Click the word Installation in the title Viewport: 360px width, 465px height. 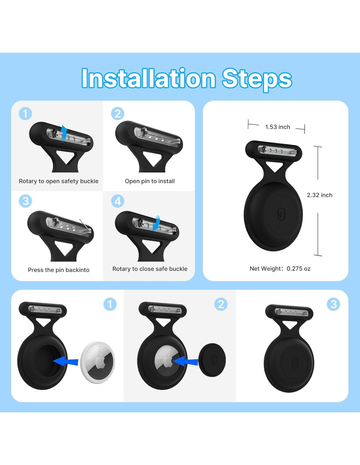point(148,78)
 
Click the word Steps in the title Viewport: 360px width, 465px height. point(257,79)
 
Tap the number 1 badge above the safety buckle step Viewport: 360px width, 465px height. point(25,113)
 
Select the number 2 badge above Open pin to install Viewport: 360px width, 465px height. point(117,113)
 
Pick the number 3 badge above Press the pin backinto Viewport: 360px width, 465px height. point(25,201)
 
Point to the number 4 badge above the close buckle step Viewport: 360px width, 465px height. point(117,201)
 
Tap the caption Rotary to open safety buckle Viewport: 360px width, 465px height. point(59,181)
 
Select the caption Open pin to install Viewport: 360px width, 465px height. point(150,181)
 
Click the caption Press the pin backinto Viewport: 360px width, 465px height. point(59,270)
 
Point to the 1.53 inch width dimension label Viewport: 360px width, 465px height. point(278,127)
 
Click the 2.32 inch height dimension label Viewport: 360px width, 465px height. point(319,195)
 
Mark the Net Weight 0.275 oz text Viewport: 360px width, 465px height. point(280,268)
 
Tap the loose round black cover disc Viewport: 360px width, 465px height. point(212,360)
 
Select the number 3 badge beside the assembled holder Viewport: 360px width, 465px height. point(333,304)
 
